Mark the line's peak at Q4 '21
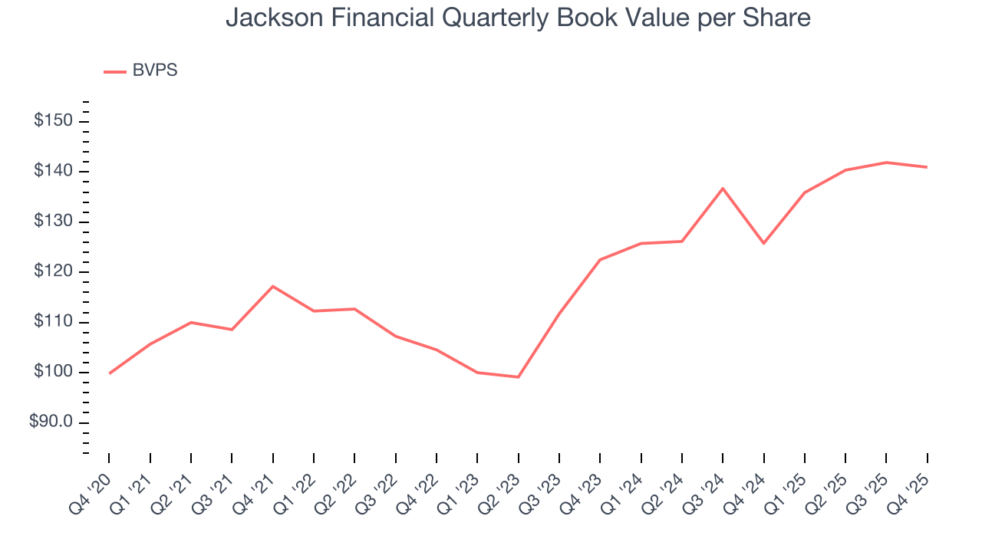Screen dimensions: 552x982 [272, 286]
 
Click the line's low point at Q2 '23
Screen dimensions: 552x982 [518, 377]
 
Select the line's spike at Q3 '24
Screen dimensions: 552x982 [723, 188]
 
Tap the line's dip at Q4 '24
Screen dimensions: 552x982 [763, 243]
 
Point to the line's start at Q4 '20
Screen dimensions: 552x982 [109, 373]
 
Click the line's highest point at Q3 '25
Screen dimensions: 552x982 [886, 163]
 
